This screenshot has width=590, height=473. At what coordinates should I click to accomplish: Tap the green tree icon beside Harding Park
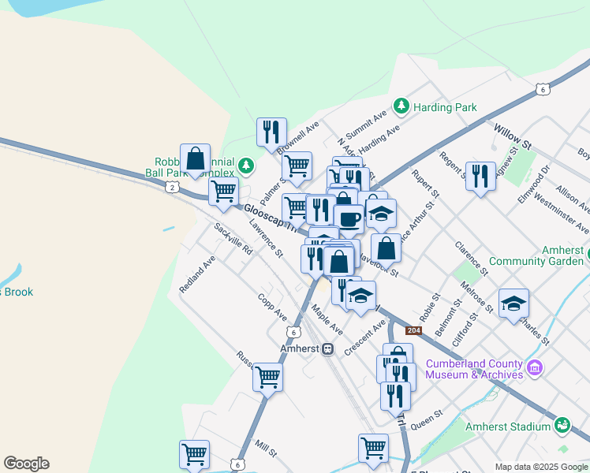(401, 105)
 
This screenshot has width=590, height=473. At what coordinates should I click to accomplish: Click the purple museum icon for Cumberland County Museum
(535, 368)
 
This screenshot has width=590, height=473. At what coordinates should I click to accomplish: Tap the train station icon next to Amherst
(327, 348)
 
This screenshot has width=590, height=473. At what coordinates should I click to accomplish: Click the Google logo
(26, 464)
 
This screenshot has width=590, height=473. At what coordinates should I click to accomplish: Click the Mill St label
(266, 449)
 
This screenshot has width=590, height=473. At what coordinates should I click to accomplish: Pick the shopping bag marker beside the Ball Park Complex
(195, 158)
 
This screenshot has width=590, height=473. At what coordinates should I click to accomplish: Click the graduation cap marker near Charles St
(513, 304)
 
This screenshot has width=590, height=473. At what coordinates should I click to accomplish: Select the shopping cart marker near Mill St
(194, 454)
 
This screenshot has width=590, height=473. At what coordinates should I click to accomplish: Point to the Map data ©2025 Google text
(540, 467)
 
